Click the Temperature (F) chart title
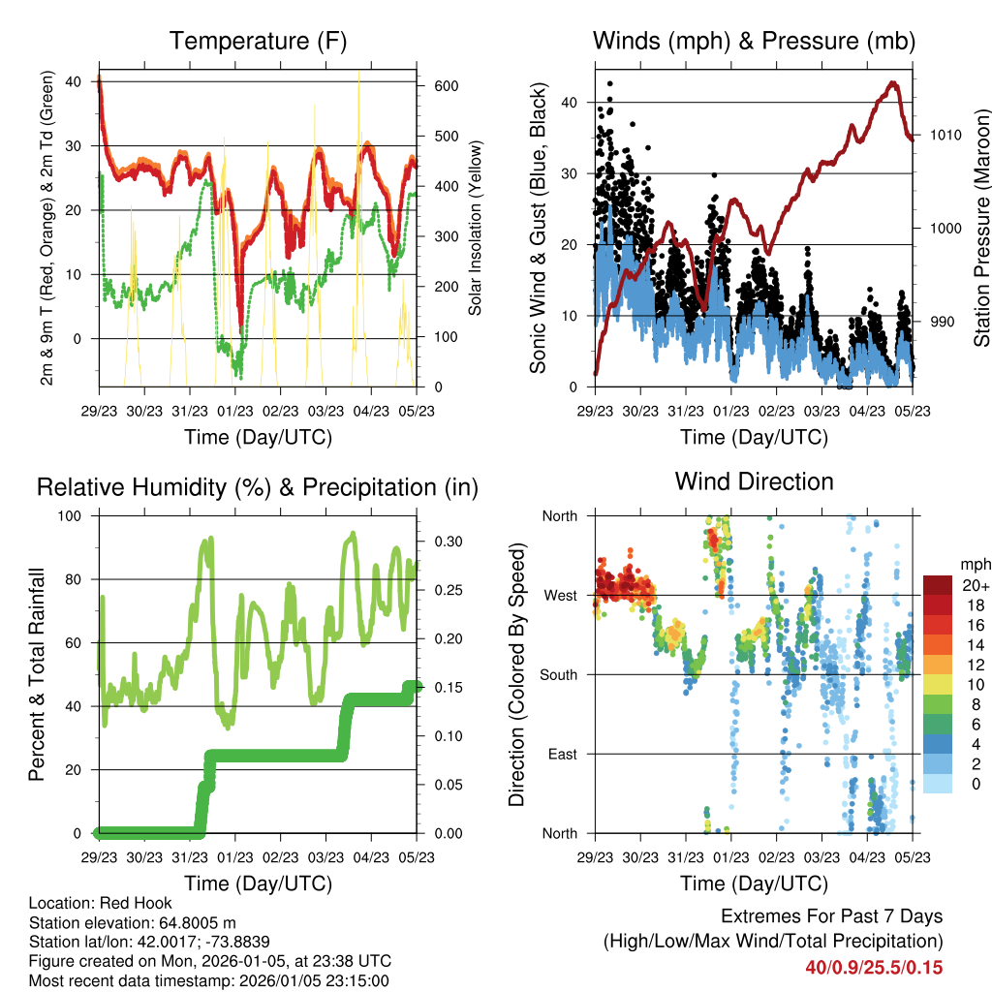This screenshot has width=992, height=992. (x=258, y=41)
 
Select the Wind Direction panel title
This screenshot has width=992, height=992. (x=754, y=480)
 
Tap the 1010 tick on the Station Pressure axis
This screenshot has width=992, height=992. (x=945, y=135)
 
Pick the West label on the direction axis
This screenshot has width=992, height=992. (x=560, y=595)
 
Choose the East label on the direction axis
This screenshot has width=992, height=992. (x=562, y=754)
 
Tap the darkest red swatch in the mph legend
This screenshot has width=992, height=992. (x=938, y=585)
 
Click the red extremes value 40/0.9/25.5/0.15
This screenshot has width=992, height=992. (x=874, y=967)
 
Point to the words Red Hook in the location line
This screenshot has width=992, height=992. (x=126, y=903)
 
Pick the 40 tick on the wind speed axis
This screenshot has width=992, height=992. (x=570, y=103)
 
